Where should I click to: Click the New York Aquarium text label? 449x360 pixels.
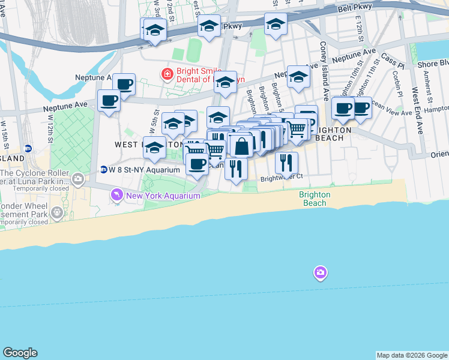click(x=163, y=196)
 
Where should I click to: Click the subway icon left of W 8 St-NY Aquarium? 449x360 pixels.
click(x=104, y=170)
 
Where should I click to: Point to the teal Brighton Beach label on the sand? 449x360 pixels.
click(x=315, y=199)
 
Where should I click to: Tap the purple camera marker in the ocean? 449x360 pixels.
click(x=321, y=274)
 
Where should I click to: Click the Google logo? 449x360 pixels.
click(x=20, y=353)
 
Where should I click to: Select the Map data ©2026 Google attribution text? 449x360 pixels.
click(x=411, y=355)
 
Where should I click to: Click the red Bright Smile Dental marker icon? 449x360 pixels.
click(x=166, y=74)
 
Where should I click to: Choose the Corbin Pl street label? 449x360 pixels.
click(x=397, y=83)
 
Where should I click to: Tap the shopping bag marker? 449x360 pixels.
click(x=241, y=145)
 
